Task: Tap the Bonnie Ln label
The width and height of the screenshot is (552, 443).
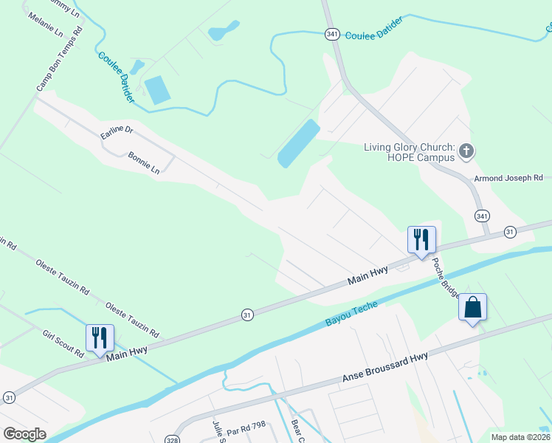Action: coord(143,162)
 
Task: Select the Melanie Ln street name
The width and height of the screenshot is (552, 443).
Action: coord(45,25)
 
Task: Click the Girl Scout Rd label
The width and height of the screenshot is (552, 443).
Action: coord(63,344)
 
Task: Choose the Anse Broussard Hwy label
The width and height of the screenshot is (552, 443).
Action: coord(384,367)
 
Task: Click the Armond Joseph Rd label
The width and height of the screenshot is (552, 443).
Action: coord(508,178)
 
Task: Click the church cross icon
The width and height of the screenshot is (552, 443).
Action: coord(466,152)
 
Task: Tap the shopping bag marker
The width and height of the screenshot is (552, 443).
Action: coord(472,306)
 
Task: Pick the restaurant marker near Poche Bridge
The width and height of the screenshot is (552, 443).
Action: coord(421,239)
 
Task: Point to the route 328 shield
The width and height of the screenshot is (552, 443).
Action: coord(171,430)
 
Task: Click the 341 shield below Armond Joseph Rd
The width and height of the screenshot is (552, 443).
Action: coord(482,216)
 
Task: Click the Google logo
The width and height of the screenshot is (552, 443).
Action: coord(24,433)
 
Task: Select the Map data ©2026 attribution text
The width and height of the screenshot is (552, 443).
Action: coord(520,437)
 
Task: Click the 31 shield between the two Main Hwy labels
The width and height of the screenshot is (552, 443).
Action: coord(247,315)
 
